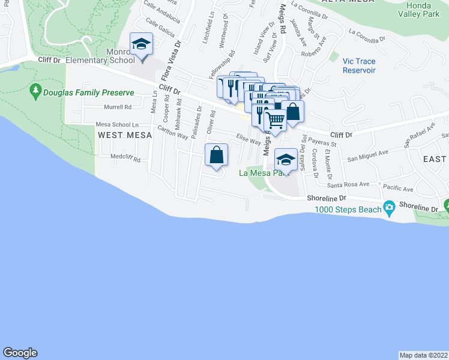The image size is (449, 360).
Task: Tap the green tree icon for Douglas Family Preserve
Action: pos(35,91)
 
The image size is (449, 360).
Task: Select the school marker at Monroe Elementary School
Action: pos(142,45)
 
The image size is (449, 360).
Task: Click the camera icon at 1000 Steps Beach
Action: pos(390,209)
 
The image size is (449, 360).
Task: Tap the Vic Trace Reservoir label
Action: pos(359,66)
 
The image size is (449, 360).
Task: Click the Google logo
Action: pos(20,353)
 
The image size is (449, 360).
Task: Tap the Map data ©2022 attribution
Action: pos(423,355)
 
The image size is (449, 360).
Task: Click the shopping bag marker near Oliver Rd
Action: pos(217,155)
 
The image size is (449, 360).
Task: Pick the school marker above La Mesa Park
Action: pos(286,160)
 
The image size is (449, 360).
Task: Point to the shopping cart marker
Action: pos(276,120)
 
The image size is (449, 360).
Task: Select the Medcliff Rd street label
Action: pos(125,160)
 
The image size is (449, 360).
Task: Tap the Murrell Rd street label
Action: pos(118,107)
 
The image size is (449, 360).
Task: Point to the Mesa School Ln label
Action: pos(113,125)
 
